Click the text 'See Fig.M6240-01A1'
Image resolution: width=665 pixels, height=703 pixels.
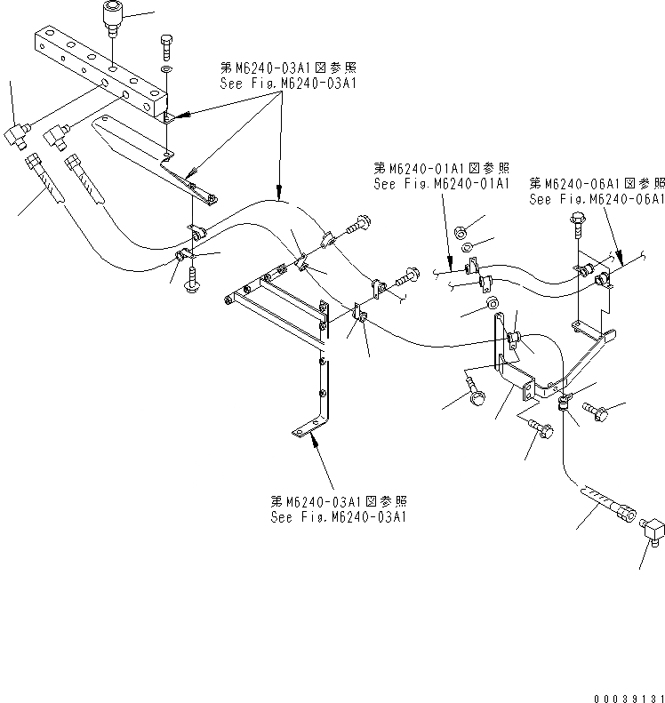click(x=441, y=183)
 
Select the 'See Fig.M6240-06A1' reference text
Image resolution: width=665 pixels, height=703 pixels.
click(x=597, y=199)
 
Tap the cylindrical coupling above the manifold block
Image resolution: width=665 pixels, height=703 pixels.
click(x=112, y=18)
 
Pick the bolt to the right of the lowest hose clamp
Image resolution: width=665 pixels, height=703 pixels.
click(x=595, y=411)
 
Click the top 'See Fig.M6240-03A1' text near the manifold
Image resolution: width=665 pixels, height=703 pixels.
click(x=286, y=84)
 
